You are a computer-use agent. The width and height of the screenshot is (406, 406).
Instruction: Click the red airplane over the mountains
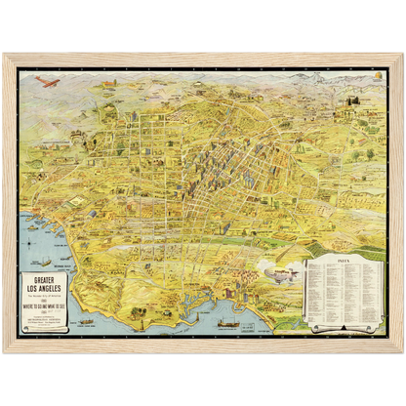[47, 82]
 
